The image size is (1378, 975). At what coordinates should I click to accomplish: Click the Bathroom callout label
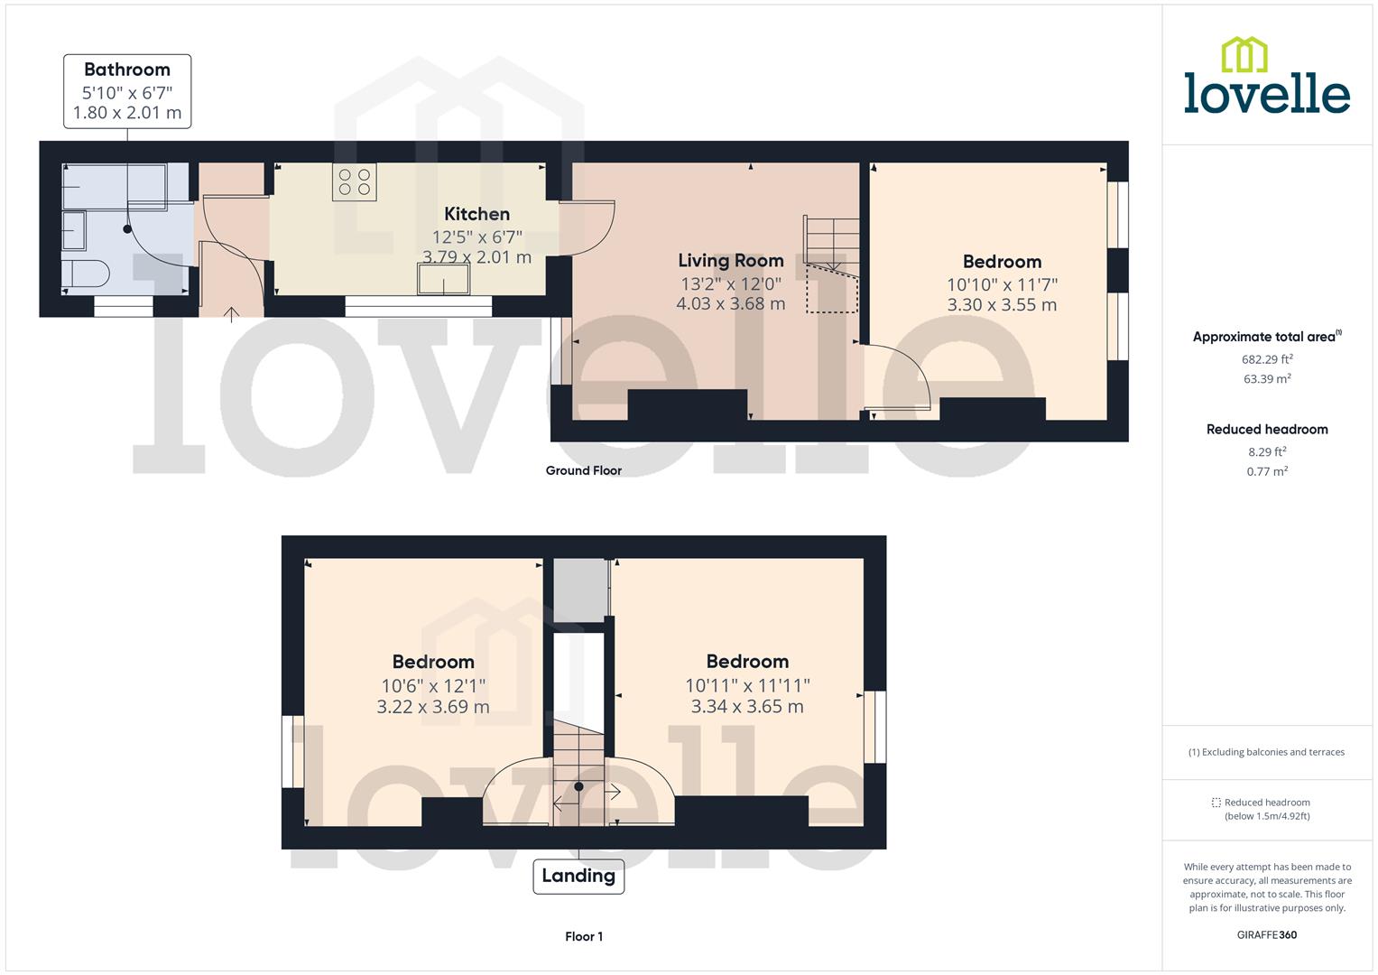pos(127,91)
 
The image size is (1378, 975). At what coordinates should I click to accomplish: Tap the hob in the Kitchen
pos(354,182)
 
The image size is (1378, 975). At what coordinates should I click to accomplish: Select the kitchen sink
pos(444,281)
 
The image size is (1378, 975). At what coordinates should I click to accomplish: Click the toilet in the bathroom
pos(87,273)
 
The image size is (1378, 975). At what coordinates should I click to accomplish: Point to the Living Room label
pos(730,261)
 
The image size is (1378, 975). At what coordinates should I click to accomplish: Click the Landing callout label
pos(578,876)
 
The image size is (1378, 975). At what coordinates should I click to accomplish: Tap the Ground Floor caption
pos(583,470)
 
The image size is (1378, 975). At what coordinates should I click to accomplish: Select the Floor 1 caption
pos(583,936)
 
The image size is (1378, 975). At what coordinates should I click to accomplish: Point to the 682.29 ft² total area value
pos(1267,358)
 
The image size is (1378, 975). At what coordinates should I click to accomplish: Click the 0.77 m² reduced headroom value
pos(1267,471)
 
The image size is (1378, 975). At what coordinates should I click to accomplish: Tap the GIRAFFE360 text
pos(1266,934)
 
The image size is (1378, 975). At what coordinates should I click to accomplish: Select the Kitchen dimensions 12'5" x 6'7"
pos(476,237)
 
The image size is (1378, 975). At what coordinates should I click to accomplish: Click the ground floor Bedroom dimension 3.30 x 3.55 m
pos(1002,305)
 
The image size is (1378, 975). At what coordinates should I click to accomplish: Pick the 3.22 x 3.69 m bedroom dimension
pos(433,707)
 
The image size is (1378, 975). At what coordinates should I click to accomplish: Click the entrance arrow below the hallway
pos(232,314)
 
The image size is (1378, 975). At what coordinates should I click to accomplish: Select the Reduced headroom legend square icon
pos(1216,803)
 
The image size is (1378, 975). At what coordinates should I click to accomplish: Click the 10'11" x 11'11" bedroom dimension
pos(747,685)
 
